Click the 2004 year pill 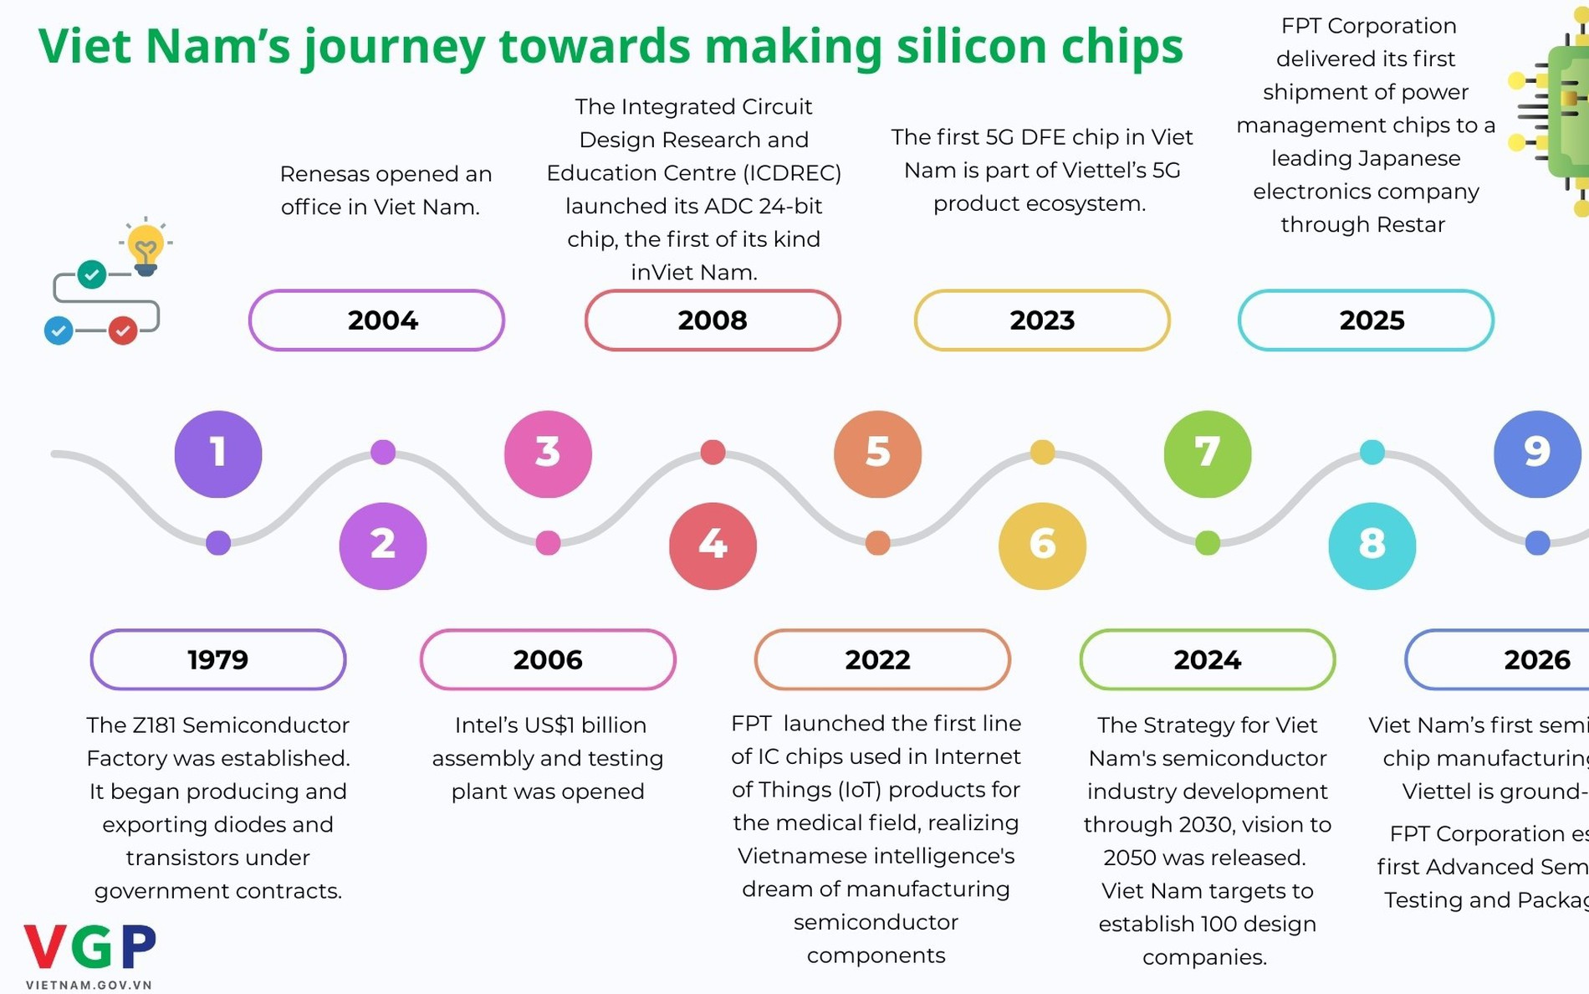click(x=376, y=320)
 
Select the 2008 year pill click(x=713, y=320)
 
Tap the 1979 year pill click(x=218, y=659)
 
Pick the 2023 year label click(x=1042, y=320)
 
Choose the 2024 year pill click(x=1207, y=659)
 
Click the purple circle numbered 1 click(x=218, y=453)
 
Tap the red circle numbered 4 click(x=713, y=546)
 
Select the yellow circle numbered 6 click(x=1042, y=546)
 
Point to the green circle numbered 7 click(x=1207, y=453)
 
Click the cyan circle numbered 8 click(x=1372, y=546)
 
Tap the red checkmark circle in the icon click(x=123, y=331)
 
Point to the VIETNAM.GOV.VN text click(x=89, y=985)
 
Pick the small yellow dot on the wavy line click(x=1042, y=453)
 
